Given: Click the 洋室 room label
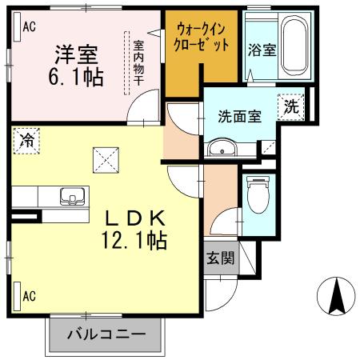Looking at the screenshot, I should (x=76, y=56).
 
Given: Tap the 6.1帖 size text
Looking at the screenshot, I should (x=76, y=78).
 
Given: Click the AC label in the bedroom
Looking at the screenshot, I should (x=28, y=26).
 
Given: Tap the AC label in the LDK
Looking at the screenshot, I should (x=29, y=297).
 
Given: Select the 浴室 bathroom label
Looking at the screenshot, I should (x=262, y=50).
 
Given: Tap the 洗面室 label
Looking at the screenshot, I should (x=239, y=115).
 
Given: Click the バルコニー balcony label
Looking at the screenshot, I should (x=106, y=334).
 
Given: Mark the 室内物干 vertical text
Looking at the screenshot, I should (x=138, y=61).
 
